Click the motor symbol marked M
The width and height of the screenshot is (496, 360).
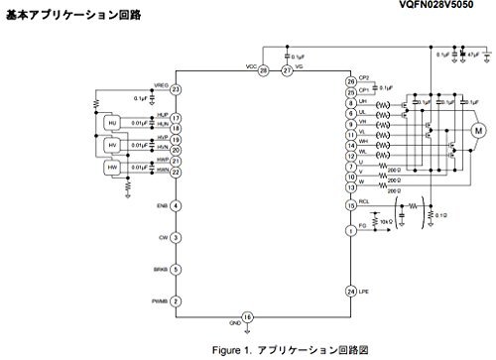(477, 130)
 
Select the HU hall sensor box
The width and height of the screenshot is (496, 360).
(111, 122)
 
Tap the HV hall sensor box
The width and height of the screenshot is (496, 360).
(111, 145)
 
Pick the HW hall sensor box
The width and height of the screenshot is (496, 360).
(111, 168)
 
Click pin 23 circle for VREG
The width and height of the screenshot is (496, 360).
(176, 90)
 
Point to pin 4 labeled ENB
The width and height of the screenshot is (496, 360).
(176, 206)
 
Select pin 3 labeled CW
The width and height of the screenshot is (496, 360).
(176, 238)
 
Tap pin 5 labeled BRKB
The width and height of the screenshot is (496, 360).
(176, 270)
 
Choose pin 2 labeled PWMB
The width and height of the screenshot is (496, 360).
(176, 301)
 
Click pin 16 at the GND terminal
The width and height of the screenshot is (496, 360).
(248, 316)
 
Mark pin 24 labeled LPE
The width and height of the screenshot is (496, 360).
(350, 292)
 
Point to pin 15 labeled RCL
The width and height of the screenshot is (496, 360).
(350, 205)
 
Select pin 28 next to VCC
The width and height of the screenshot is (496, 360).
(263, 71)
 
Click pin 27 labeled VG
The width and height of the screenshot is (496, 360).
(287, 71)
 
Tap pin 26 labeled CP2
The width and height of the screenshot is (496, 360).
(350, 81)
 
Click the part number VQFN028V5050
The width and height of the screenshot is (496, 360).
(445, 6)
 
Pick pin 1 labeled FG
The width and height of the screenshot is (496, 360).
(350, 230)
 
